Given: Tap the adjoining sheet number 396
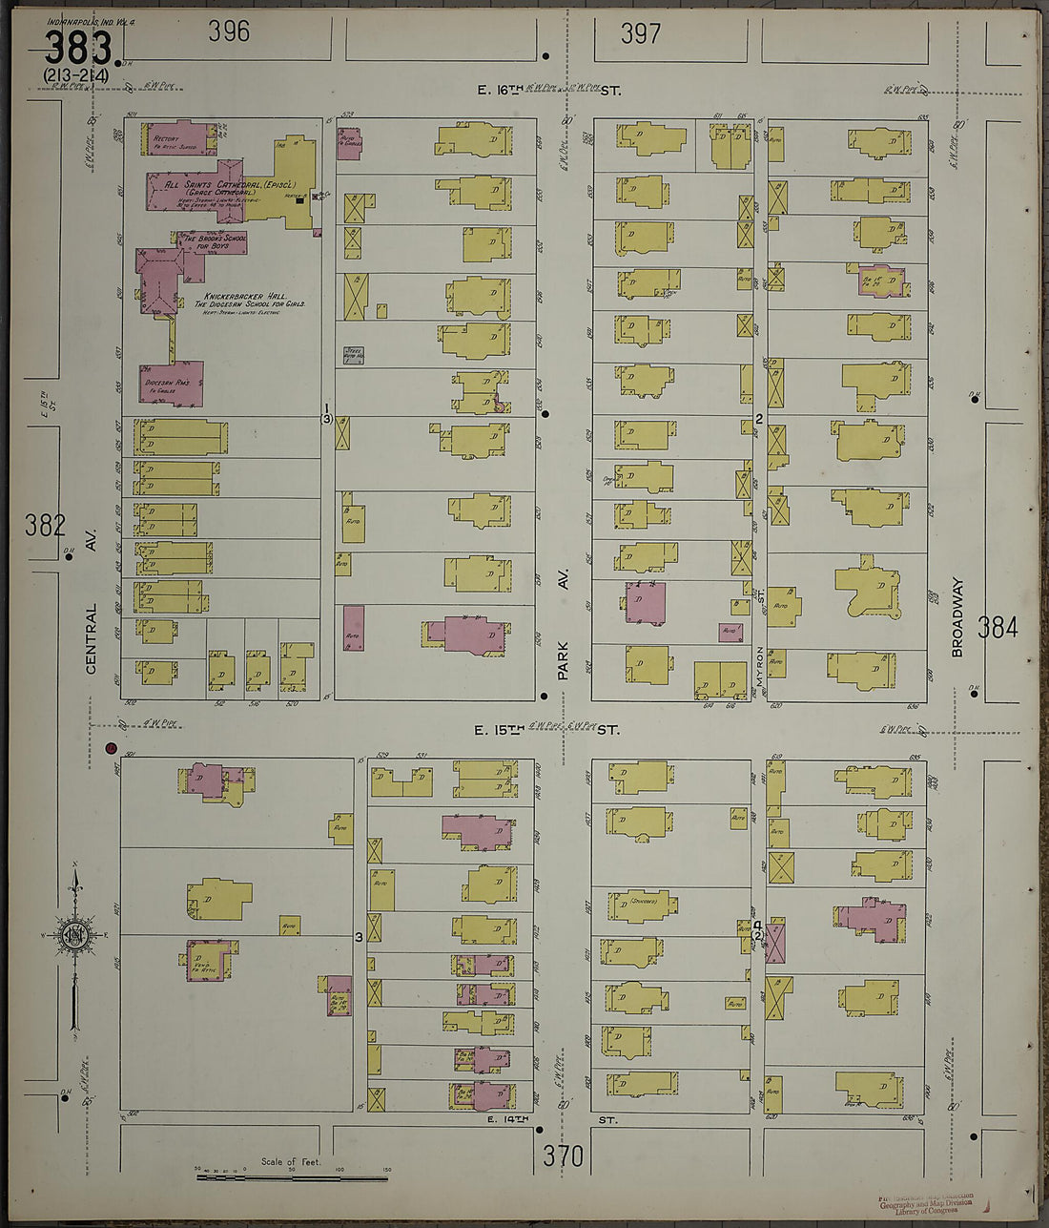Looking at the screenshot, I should tap(229, 31).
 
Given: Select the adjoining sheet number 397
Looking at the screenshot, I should tap(640, 34).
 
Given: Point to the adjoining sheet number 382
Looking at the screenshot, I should tap(46, 525).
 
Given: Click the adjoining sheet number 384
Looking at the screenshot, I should tap(997, 627).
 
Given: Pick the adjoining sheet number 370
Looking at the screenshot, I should tap(563, 1156).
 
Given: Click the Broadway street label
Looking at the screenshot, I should tap(958, 617).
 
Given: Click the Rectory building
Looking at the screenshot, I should tap(178, 138).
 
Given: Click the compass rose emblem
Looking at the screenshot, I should tap(72, 935).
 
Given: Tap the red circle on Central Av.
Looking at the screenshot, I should tap(111, 749).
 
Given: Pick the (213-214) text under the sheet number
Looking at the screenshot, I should tap(76, 75).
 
